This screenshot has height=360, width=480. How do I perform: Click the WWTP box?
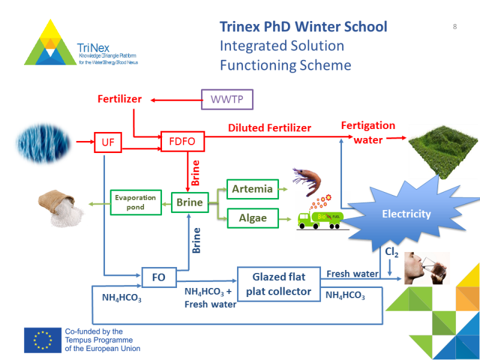pyautogui.click(x=227, y=99)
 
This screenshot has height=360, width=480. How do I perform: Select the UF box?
pyautogui.click(x=108, y=143)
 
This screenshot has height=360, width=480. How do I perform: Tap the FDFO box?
pyautogui.click(x=182, y=142)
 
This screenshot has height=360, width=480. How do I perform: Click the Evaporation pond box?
pyautogui.click(x=136, y=202)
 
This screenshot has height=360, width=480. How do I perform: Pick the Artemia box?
pyautogui.click(x=253, y=189)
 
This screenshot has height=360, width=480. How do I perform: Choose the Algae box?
pyautogui.click(x=253, y=217)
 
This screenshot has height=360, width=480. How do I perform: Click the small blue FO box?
pyautogui.click(x=159, y=278)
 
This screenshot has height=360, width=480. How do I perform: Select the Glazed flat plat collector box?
pyautogui.click(x=279, y=284)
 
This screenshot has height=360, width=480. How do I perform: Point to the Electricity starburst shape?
pyautogui.click(x=406, y=213)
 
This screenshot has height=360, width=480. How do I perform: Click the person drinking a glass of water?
pyautogui.click(x=426, y=268)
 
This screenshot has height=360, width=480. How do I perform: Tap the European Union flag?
pyautogui.click(x=43, y=340)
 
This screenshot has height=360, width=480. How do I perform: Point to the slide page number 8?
pyautogui.click(x=455, y=26)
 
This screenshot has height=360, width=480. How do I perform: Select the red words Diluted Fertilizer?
pyautogui.click(x=269, y=128)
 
